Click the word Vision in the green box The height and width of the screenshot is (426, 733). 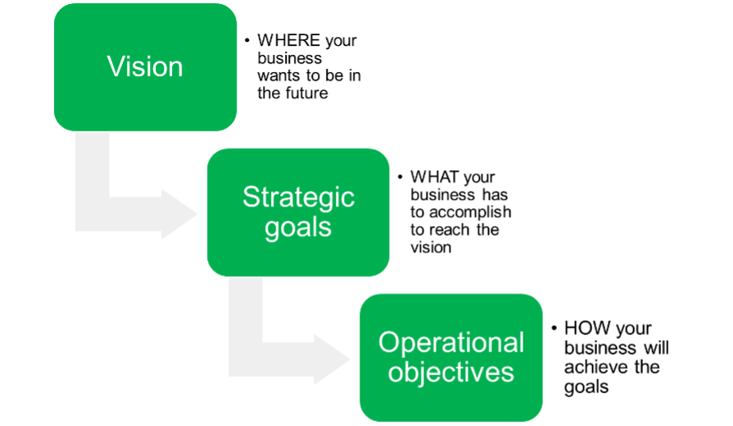tap(145, 66)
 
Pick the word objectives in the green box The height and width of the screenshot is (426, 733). tap(450, 373)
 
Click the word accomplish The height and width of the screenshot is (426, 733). tap(470, 213)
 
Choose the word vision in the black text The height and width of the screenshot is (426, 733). tap(431, 247)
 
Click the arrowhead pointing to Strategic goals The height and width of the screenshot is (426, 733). tap(179, 214)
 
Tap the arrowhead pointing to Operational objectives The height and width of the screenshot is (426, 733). tap(331, 360)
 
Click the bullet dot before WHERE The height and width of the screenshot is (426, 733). tap(247, 41)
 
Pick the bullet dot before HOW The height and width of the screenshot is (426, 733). tap(554, 329)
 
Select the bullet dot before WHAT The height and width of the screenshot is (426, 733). tap(400, 177)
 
